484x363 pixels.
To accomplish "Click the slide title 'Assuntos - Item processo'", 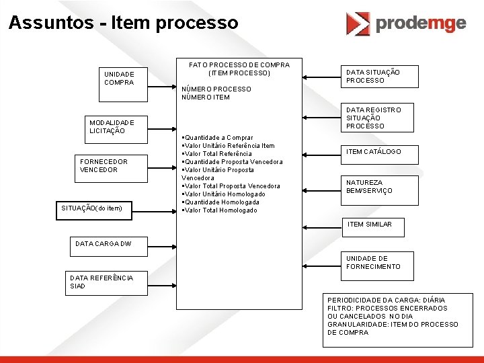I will point(123,22).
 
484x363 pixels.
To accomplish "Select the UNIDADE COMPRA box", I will point(120,78).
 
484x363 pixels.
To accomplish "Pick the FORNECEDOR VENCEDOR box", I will point(104,165).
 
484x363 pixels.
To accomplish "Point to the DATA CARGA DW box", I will point(100,245).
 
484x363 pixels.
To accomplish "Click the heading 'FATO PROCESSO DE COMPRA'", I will point(239,65).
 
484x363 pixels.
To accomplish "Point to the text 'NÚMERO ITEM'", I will point(206,97).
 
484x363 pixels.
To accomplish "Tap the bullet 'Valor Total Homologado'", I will point(220,210).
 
